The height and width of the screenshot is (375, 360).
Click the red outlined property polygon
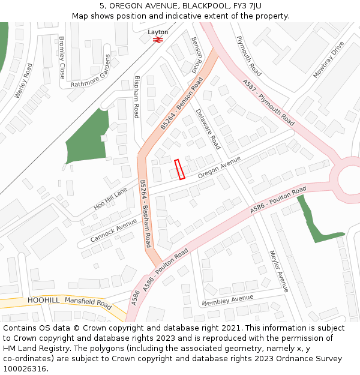click(x=179, y=169)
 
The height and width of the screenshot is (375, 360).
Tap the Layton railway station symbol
click(x=158, y=40)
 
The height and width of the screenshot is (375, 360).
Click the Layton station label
click(x=158, y=32)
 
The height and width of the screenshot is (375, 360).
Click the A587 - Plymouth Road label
click(x=268, y=102)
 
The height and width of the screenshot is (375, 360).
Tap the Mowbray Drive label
click(x=329, y=60)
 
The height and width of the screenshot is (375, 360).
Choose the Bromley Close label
click(x=62, y=58)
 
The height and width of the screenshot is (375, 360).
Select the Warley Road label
click(x=23, y=81)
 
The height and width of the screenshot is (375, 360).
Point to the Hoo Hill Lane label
click(x=111, y=199)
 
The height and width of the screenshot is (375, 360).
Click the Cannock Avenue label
click(x=114, y=230)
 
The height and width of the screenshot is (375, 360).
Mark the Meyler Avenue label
click(x=279, y=271)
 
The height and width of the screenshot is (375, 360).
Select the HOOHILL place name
click(x=43, y=300)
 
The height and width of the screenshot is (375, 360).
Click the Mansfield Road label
click(x=88, y=304)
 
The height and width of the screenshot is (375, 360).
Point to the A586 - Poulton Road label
click(x=278, y=200)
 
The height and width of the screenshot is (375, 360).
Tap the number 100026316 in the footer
click(x=23, y=368)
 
